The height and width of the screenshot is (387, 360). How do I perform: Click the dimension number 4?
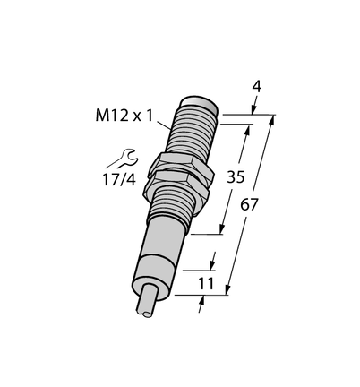point(257,87)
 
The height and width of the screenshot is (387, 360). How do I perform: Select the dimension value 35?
point(236,176)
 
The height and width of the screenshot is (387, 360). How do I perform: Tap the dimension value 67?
point(249,205)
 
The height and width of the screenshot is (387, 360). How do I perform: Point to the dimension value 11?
point(207,284)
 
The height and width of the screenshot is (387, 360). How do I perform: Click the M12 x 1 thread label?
point(124,116)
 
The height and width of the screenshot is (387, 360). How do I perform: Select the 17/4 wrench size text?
point(119,180)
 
